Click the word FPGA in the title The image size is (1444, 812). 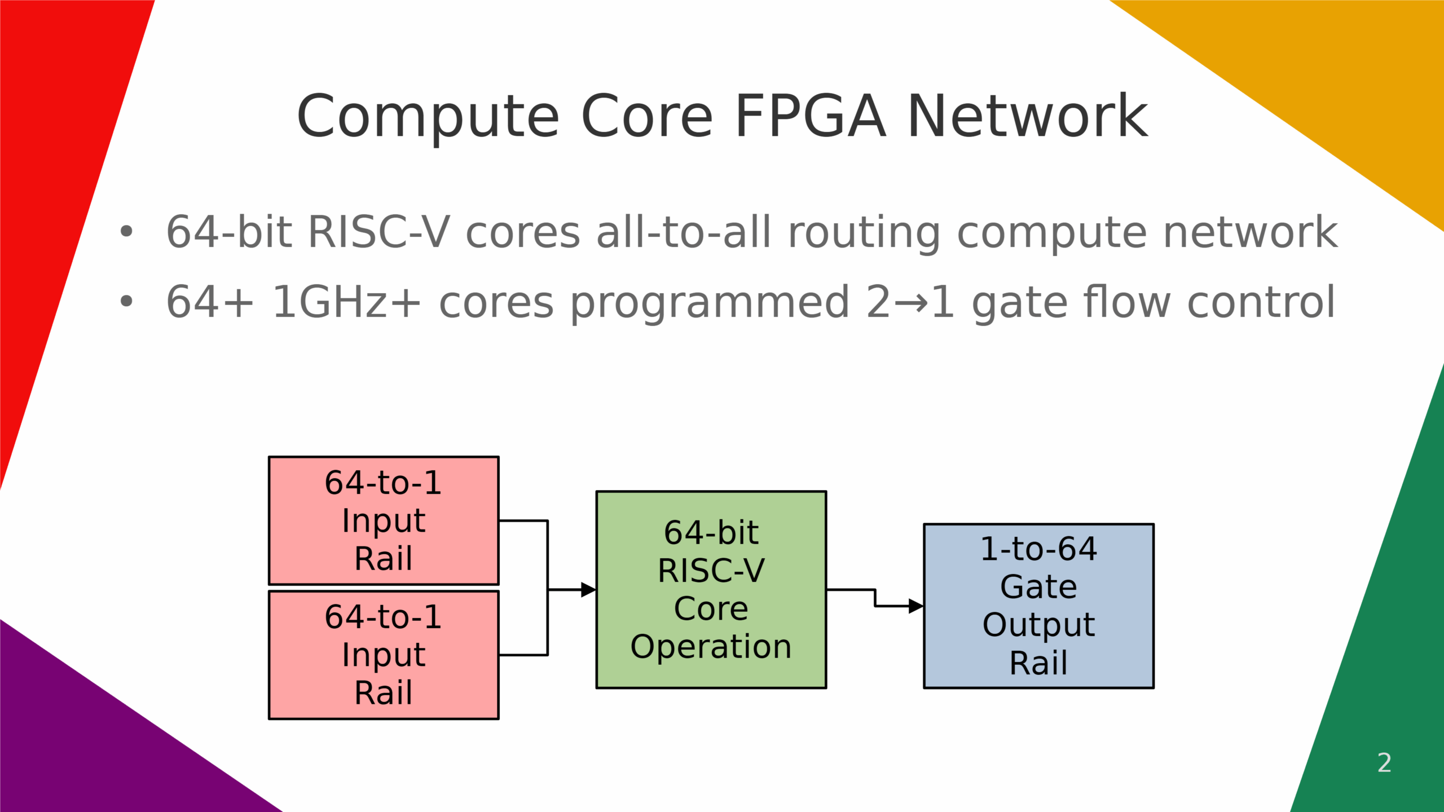[x=810, y=116]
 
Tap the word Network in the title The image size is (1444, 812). [x=1028, y=116]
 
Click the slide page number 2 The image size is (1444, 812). [x=1384, y=764]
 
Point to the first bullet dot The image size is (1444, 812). [x=126, y=231]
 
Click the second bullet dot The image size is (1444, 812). [x=126, y=302]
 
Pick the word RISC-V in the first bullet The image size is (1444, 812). [x=379, y=232]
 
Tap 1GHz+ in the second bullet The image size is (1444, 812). [x=346, y=302]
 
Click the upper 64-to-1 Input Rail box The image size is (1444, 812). [x=384, y=520]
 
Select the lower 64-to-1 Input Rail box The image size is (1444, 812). [x=384, y=655]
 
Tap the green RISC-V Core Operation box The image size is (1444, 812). [x=711, y=589]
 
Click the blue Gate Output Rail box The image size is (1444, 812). [x=1038, y=606]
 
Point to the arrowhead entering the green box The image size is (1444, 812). [x=588, y=590]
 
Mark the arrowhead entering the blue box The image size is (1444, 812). [x=915, y=606]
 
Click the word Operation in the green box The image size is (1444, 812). [x=711, y=646]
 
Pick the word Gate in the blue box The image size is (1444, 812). [x=1038, y=586]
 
